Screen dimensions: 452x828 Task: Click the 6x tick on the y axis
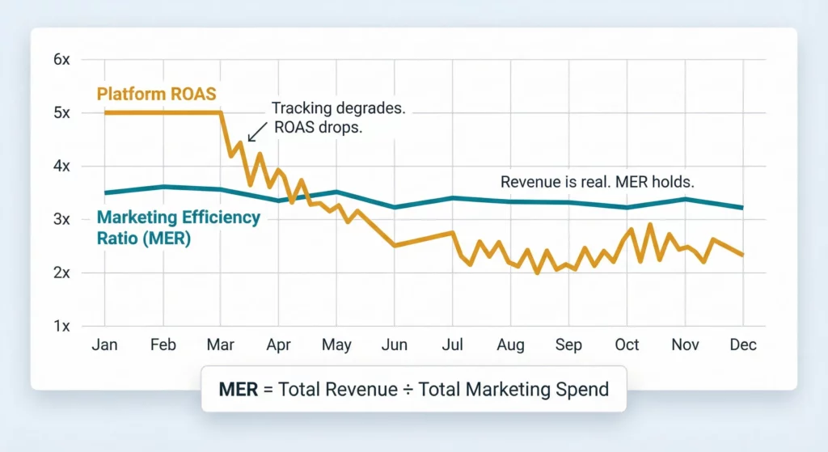pos(63,60)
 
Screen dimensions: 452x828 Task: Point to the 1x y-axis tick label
pos(63,326)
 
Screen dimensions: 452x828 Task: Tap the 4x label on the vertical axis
pos(63,166)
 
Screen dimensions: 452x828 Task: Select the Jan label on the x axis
pos(105,345)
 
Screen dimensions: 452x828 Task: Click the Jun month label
pos(394,345)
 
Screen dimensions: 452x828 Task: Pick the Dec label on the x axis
pos(742,345)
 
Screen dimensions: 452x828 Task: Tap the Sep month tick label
pos(568,345)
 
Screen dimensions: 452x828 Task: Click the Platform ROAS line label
pos(156,94)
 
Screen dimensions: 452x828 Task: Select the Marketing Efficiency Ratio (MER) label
pos(178,228)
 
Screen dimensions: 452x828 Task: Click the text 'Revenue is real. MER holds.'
pos(597,182)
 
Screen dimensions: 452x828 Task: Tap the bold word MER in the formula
pos(239,389)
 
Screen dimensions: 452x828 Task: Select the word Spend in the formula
pos(582,389)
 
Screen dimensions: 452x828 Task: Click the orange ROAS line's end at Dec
pos(742,255)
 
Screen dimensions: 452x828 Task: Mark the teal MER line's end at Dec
pos(742,208)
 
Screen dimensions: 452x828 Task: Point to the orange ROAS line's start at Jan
pos(106,112)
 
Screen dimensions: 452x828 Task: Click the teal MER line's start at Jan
pos(106,192)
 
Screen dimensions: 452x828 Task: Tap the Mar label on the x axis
pos(221,345)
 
